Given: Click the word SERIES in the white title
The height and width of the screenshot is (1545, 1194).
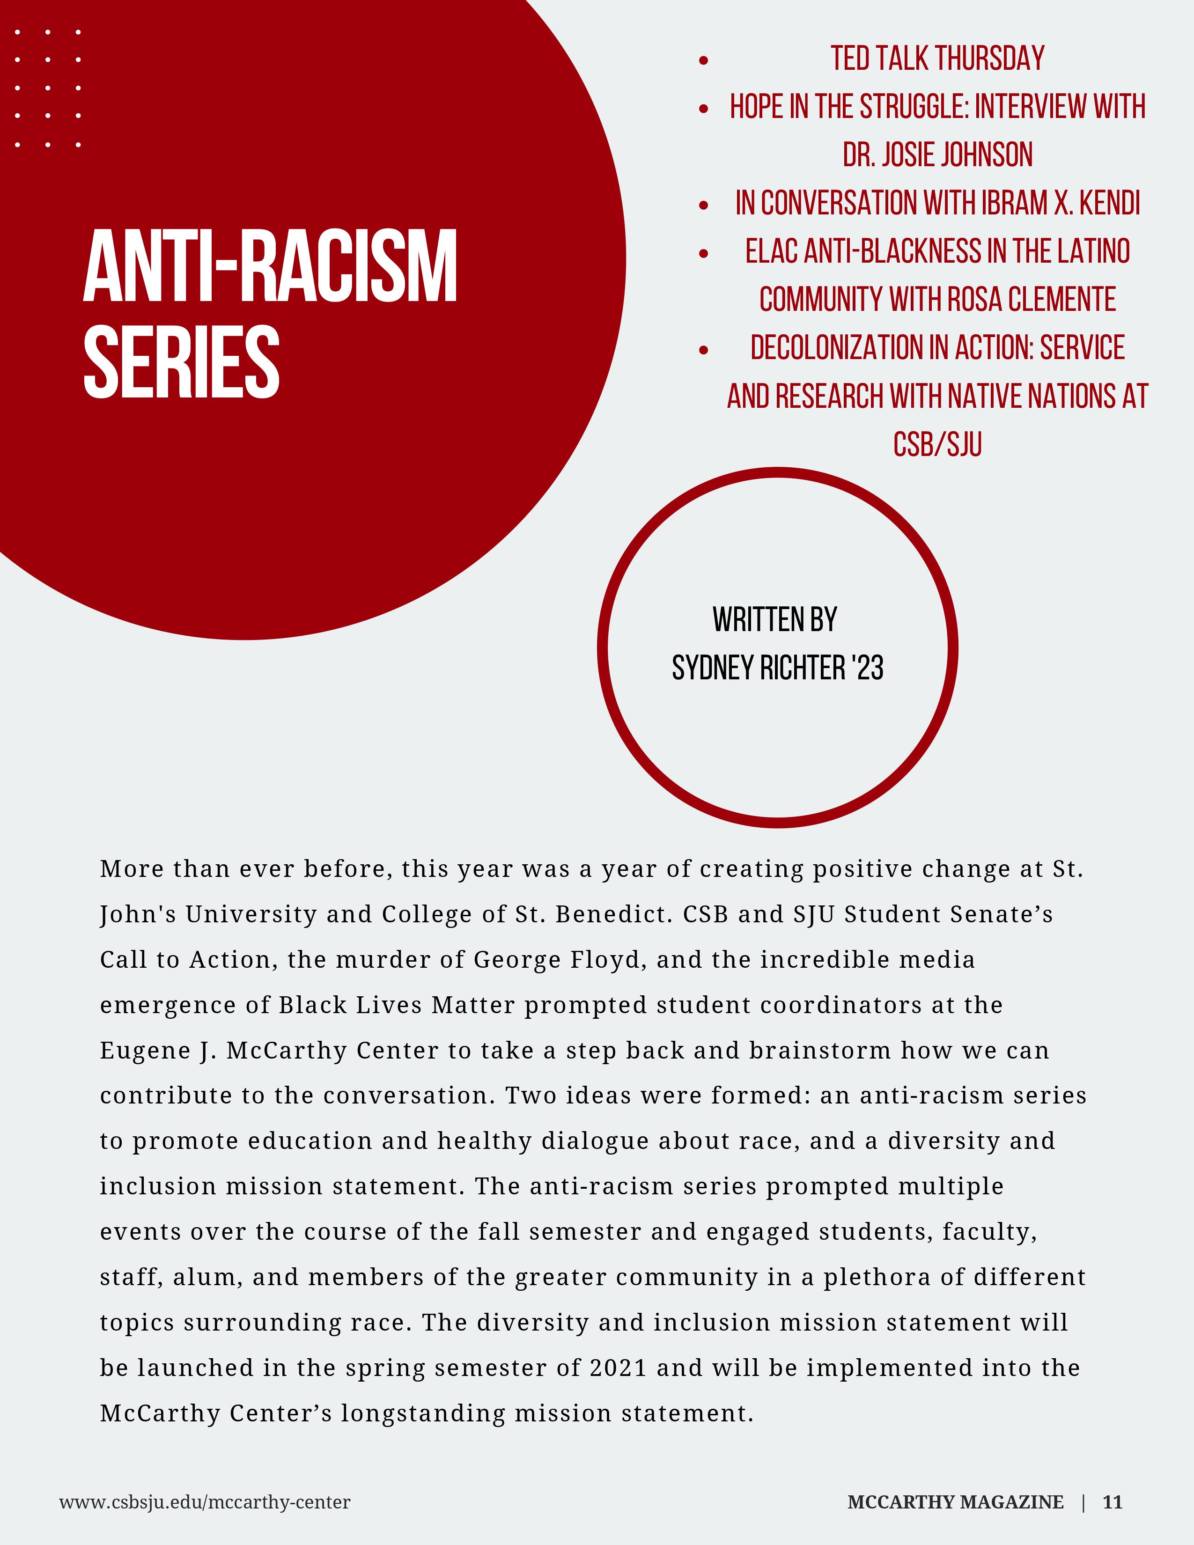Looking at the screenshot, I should [x=182, y=362].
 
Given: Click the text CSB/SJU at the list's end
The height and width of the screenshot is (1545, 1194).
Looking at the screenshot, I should [x=937, y=445].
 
